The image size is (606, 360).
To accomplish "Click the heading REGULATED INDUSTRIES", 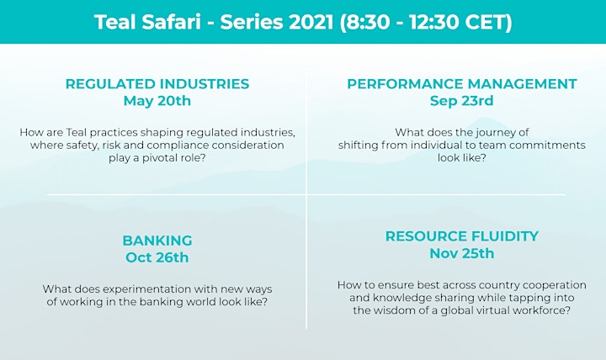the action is pos(157,84).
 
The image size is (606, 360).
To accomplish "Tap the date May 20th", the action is pos(157,101).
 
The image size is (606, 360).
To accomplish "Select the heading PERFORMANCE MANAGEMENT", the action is pos(462,84).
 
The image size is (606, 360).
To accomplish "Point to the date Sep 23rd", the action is pos(462,101).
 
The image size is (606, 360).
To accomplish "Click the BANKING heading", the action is pos(157,241).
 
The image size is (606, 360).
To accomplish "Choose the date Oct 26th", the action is pos(157,257).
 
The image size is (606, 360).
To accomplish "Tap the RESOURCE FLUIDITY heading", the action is pos(462,236).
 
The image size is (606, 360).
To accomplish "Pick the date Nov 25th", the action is pos(462,253).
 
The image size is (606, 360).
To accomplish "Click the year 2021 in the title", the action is pos(311,22).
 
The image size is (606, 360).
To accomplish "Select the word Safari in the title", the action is pos(171,22).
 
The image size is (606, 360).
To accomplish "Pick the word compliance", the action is pos(178,146).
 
